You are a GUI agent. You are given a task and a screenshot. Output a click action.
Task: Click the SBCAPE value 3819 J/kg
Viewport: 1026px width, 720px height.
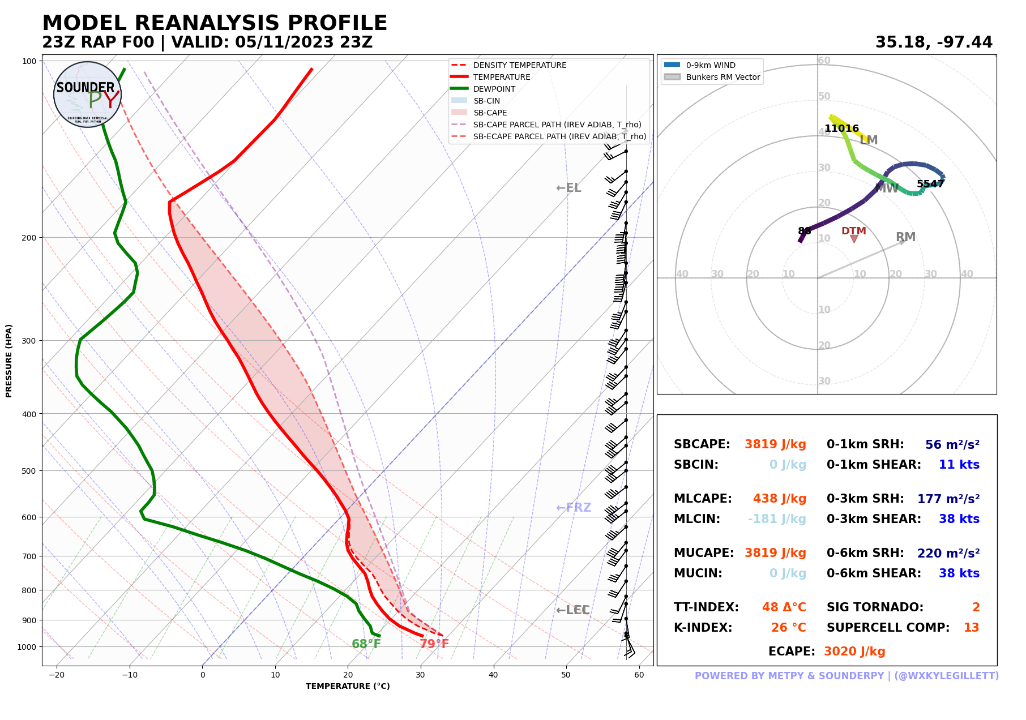point(775,444)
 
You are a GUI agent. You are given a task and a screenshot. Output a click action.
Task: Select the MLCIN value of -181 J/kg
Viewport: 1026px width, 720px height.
point(776,519)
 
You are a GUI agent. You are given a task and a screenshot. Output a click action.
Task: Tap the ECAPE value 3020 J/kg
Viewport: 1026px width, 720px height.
point(854,652)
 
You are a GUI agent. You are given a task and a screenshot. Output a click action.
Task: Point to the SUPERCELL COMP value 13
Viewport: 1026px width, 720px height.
point(971,628)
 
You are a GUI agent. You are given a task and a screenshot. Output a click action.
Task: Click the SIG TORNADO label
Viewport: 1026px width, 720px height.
point(874,607)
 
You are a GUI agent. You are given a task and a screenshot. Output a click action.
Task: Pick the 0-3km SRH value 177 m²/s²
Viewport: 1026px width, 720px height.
point(948,499)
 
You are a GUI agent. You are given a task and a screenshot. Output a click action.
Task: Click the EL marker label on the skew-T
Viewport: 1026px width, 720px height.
point(568,188)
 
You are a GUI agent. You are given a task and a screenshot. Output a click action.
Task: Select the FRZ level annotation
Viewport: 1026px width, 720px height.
point(574,508)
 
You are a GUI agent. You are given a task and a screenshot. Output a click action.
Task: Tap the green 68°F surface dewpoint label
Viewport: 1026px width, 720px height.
point(366,644)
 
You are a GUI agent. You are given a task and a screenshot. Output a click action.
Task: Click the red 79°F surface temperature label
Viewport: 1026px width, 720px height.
point(434,644)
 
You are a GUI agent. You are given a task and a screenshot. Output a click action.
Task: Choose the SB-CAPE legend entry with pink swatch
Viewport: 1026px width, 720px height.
point(490,113)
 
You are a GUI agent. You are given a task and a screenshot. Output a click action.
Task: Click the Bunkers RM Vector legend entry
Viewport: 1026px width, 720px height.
point(723,77)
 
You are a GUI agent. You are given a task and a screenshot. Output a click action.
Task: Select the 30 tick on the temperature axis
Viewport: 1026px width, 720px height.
point(420,675)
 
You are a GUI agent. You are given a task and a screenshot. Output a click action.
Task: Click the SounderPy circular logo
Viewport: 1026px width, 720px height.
point(87,95)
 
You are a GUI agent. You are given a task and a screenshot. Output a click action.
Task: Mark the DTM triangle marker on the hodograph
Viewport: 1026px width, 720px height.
point(853,239)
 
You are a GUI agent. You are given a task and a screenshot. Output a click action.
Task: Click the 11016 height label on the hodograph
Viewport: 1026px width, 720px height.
point(841,128)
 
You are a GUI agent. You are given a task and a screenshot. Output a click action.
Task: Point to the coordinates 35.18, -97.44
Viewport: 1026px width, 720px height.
point(933,42)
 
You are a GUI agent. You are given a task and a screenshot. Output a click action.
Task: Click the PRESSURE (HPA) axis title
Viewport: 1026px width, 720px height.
point(9,361)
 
